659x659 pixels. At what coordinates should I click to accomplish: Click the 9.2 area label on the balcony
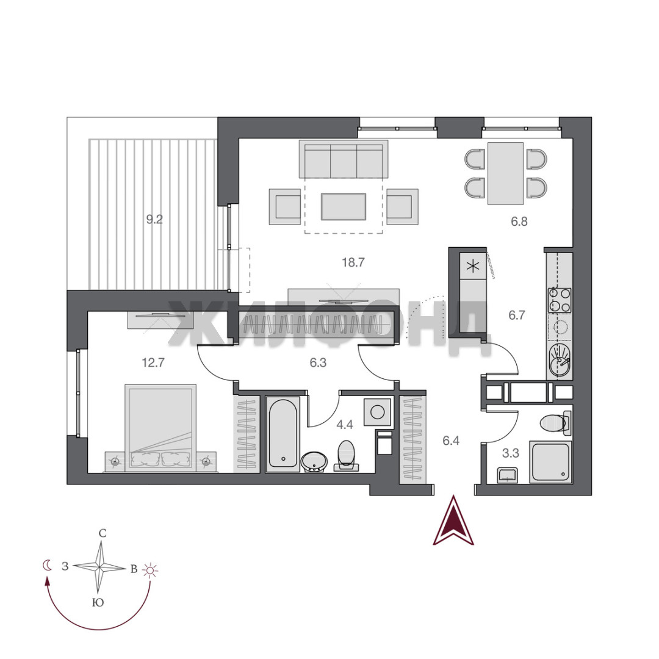pyautogui.click(x=154, y=220)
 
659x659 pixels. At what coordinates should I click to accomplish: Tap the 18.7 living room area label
pyautogui.click(x=353, y=262)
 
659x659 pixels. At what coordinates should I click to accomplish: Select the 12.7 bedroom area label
pyautogui.click(x=153, y=362)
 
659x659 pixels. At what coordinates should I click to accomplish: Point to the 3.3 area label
pyautogui.click(x=511, y=453)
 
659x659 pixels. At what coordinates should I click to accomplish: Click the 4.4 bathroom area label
pyautogui.click(x=345, y=425)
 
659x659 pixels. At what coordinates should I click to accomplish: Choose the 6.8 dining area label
pyautogui.click(x=519, y=221)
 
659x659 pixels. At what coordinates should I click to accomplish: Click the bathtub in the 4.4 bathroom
pyautogui.click(x=283, y=434)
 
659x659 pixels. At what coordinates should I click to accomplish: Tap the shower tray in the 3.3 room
pyautogui.click(x=550, y=461)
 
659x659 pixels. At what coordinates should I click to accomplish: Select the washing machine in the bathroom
pyautogui.click(x=378, y=412)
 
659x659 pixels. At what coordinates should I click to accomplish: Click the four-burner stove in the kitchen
pyautogui.click(x=560, y=300)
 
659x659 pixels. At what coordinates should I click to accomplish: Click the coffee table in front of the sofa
pyautogui.click(x=344, y=206)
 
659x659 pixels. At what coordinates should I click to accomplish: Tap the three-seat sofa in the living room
pyautogui.click(x=344, y=159)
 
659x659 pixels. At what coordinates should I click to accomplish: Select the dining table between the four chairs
pyautogui.click(x=506, y=173)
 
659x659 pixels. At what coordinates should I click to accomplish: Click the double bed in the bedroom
pyautogui.click(x=160, y=427)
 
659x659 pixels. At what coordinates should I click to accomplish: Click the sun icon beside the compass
pyautogui.click(x=150, y=570)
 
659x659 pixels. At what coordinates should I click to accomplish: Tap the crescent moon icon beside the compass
pyautogui.click(x=47, y=565)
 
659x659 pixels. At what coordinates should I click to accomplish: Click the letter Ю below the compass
pyautogui.click(x=98, y=603)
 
